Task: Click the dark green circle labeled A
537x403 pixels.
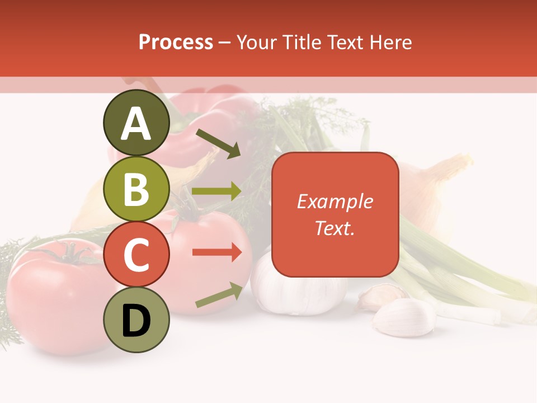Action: click(x=136, y=123)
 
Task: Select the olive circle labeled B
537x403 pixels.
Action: click(x=136, y=189)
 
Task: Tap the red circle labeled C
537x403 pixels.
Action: click(x=136, y=255)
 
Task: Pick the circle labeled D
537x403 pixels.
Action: click(x=136, y=320)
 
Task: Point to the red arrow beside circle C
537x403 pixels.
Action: click(x=216, y=252)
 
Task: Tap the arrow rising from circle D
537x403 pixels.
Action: click(x=219, y=295)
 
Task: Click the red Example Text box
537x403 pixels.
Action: click(x=335, y=215)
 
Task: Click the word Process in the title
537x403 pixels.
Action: click(x=176, y=42)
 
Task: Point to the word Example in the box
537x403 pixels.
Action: click(x=335, y=201)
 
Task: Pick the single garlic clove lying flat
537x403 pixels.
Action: click(x=404, y=317)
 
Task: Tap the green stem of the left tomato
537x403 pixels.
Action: click(x=70, y=255)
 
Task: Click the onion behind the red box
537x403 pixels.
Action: click(x=431, y=190)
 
